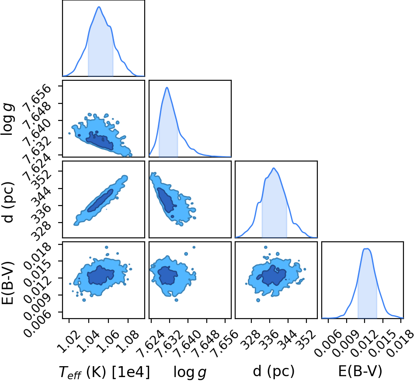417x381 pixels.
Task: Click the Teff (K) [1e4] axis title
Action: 104,372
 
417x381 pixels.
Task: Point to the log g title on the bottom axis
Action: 190,372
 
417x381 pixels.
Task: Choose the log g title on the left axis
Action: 7,119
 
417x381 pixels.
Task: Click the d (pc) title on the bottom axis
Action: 274,371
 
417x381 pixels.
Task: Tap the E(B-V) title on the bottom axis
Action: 360,371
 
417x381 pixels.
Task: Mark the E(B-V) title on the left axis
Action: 7,283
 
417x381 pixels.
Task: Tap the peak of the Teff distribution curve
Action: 99,7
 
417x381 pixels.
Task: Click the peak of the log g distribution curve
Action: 167,87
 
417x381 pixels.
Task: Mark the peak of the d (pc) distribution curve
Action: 274,168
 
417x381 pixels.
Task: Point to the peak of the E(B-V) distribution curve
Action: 367,249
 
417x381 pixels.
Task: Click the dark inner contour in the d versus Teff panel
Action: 100,200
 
